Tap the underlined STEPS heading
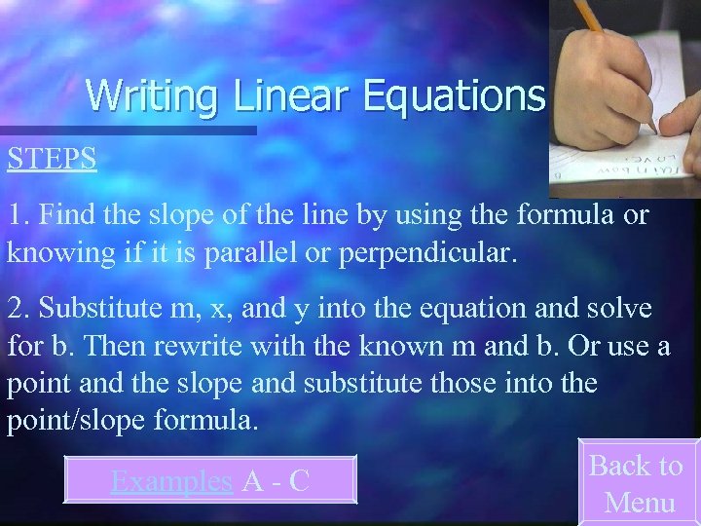(x=52, y=159)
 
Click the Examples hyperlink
(x=171, y=480)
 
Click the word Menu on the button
(x=640, y=502)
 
